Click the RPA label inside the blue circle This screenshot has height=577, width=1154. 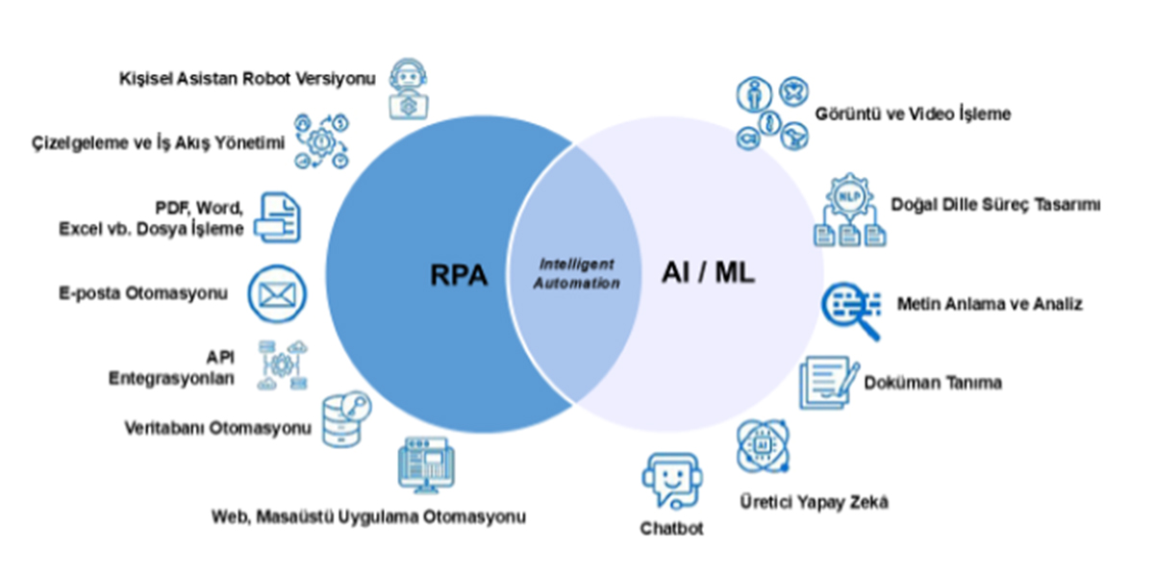coord(459,275)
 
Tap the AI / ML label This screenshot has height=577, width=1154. coord(709,272)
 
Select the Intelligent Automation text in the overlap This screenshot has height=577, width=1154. coord(576,273)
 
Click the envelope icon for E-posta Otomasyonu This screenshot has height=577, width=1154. coord(277,294)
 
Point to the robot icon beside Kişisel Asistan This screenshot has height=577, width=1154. coord(409,89)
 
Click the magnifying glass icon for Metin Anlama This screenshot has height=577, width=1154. coord(852,311)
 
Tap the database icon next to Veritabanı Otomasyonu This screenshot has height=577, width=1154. coord(346,419)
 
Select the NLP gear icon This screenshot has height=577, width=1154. coord(850,210)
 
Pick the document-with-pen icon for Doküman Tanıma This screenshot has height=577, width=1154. coord(829,383)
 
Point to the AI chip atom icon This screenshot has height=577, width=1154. coord(763,446)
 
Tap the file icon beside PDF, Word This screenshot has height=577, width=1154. coord(278,217)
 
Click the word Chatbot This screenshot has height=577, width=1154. coord(672,528)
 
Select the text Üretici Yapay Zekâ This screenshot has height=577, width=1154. coord(815,501)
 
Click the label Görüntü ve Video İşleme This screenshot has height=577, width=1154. coord(913,113)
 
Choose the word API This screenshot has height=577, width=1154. coord(220,357)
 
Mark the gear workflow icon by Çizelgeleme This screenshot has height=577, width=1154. coord(322,141)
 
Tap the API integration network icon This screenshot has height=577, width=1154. coord(283,365)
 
